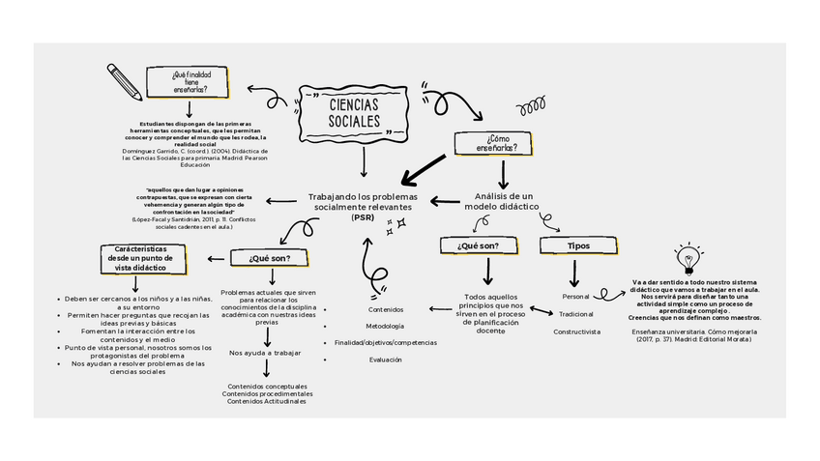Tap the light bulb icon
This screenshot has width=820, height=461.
click(688, 260)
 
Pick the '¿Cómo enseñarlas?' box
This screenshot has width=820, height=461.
click(496, 143)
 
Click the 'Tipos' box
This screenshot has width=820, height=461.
click(578, 245)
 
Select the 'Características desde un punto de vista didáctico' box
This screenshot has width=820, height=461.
click(139, 258)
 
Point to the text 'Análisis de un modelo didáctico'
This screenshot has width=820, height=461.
click(499, 201)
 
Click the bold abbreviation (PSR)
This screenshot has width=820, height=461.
click(365, 217)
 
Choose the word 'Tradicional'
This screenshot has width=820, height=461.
click(576, 314)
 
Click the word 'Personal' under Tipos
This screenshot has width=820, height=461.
click(575, 296)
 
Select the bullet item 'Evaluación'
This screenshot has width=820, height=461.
click(385, 360)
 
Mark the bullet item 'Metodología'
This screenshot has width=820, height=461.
click(385, 326)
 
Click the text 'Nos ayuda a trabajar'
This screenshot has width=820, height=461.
click(265, 353)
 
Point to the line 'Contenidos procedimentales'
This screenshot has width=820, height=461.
click(267, 394)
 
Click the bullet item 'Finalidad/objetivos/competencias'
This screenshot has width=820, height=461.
click(385, 342)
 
